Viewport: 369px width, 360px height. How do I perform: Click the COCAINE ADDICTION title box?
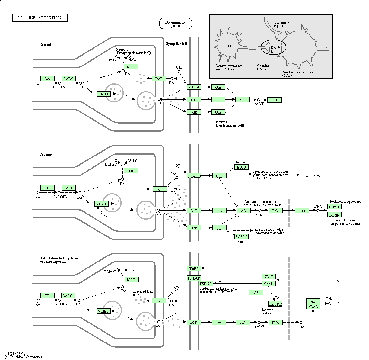[x=40, y=18]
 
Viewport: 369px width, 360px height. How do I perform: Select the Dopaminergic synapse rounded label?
[x=175, y=24]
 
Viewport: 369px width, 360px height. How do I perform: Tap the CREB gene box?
[x=301, y=211]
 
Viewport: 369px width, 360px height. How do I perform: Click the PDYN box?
[x=334, y=207]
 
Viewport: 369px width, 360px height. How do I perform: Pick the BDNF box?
[x=334, y=215]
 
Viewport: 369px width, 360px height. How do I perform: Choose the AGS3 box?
[x=241, y=167]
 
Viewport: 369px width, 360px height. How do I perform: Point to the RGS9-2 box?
[x=242, y=236]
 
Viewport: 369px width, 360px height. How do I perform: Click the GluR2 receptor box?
[x=193, y=268]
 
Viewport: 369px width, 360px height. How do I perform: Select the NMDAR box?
[x=194, y=278]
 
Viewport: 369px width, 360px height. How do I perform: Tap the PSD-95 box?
[x=206, y=283]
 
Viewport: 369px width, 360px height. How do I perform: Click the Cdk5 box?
[x=268, y=284]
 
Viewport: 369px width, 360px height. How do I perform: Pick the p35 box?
[x=256, y=293]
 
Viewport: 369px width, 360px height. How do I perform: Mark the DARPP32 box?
[x=275, y=304]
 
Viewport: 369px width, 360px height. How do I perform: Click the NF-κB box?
[x=268, y=277]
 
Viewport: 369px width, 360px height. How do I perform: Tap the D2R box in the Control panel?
[x=193, y=112]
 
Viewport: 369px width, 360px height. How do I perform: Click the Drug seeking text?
[x=310, y=175]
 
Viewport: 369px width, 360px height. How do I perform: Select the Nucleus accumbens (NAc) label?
[x=297, y=74]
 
